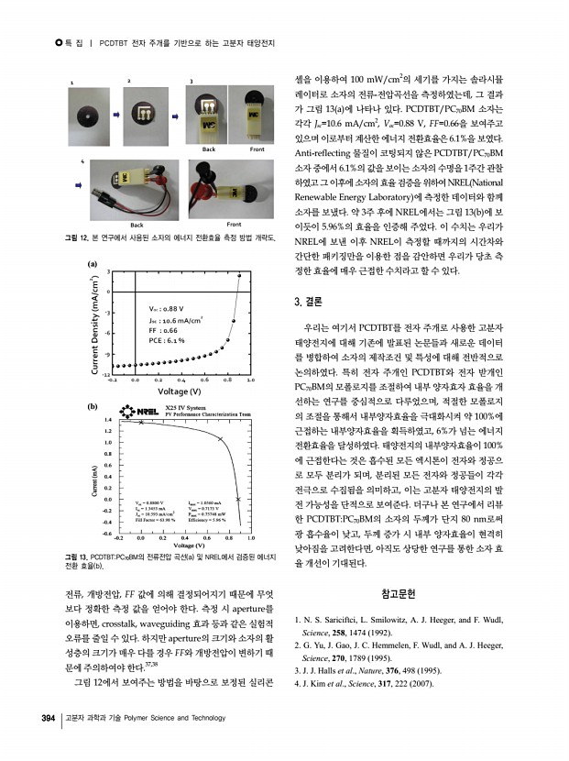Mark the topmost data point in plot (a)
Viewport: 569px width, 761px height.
pyautogui.click(x=240, y=275)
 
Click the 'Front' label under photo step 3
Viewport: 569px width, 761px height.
pyautogui.click(x=257, y=149)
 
